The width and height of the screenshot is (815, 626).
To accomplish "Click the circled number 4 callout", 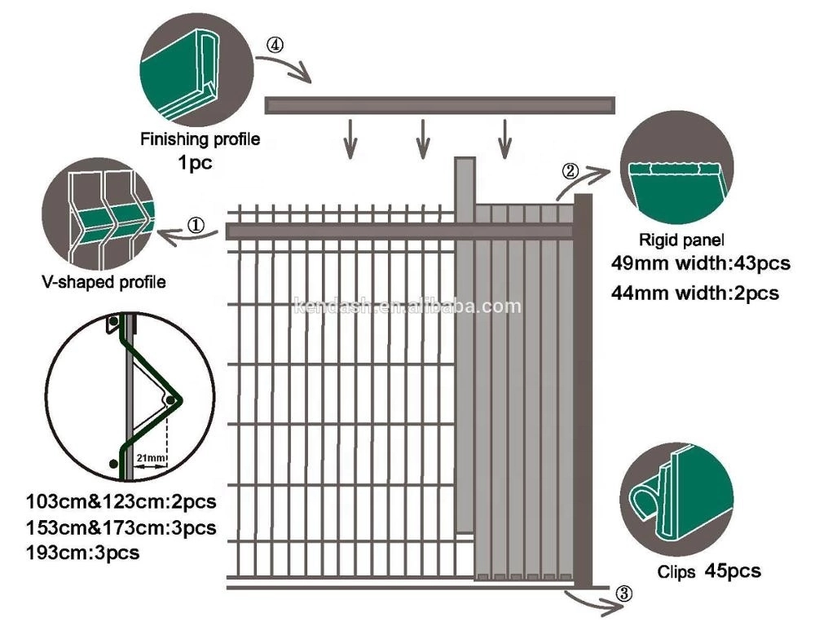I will (x=275, y=46).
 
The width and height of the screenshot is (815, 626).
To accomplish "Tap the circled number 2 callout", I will (x=571, y=170).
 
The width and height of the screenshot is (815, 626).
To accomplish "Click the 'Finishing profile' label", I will (x=200, y=139).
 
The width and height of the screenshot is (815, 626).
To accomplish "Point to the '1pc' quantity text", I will (x=195, y=162).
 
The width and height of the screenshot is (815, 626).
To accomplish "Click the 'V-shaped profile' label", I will (x=104, y=282).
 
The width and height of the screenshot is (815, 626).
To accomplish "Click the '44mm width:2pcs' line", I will (x=694, y=291).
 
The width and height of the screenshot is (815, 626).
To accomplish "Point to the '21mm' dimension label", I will (x=150, y=460).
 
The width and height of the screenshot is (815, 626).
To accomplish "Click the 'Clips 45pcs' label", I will (x=709, y=571).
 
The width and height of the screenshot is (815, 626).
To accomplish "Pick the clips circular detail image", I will (x=676, y=498).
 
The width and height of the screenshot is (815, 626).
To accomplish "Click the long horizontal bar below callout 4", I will (x=440, y=105).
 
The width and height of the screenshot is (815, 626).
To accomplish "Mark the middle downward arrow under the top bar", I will (x=422, y=138).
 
